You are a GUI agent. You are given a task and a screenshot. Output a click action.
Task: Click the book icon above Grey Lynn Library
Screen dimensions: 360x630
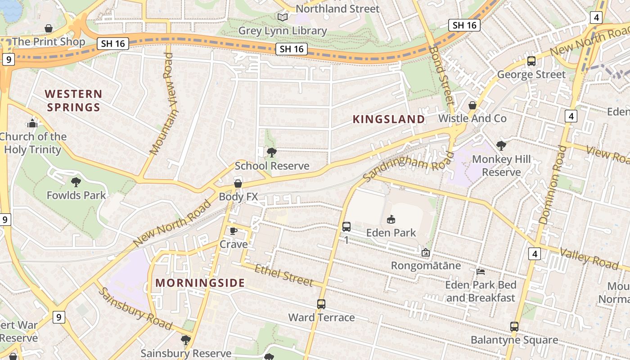coord(282,18)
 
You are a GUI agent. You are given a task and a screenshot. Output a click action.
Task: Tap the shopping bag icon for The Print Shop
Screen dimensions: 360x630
coord(49,29)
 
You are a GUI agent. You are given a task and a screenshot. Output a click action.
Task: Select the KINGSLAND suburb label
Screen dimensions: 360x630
coord(388,119)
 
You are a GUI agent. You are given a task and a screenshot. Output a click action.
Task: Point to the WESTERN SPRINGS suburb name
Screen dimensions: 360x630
coord(74,101)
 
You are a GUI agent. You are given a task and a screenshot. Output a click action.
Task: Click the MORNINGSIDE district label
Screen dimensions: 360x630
coord(200,283)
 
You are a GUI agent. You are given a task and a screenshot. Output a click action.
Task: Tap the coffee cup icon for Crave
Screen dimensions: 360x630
coord(233,231)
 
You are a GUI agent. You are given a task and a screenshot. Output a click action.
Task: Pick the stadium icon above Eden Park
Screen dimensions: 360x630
coord(391,220)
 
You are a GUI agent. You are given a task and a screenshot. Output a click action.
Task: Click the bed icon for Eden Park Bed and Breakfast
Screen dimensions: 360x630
coord(481,272)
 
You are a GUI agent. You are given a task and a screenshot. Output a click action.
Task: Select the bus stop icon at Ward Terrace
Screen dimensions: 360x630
coord(321,304)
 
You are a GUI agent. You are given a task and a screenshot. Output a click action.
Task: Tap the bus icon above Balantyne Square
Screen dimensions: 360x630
coord(514,327)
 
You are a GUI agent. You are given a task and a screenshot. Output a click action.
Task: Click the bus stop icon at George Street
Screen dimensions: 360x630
coord(531,61)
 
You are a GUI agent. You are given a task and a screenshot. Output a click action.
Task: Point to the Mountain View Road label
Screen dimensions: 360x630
coord(162,104)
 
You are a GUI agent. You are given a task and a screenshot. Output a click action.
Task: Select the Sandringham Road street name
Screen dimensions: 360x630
coord(408,166)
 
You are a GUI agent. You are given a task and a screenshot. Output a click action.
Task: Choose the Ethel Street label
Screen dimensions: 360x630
coord(283,275)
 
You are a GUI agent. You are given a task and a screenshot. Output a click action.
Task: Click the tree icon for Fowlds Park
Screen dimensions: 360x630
coord(76,182)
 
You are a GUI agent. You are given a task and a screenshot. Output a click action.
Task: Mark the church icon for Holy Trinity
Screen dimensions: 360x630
coord(32,123)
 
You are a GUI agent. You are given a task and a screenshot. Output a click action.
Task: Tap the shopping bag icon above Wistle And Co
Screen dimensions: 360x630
coord(472,105)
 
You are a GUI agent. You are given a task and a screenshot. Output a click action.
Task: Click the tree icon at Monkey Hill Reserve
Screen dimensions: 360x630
coord(501,146)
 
